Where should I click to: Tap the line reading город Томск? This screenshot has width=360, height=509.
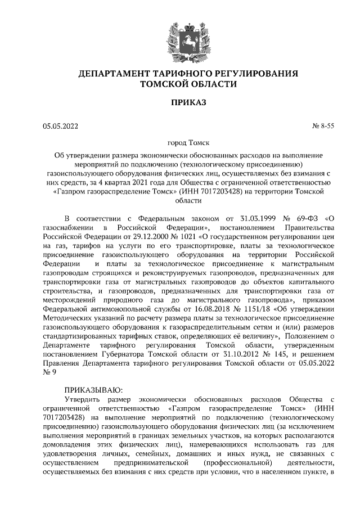(x=180, y=144)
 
